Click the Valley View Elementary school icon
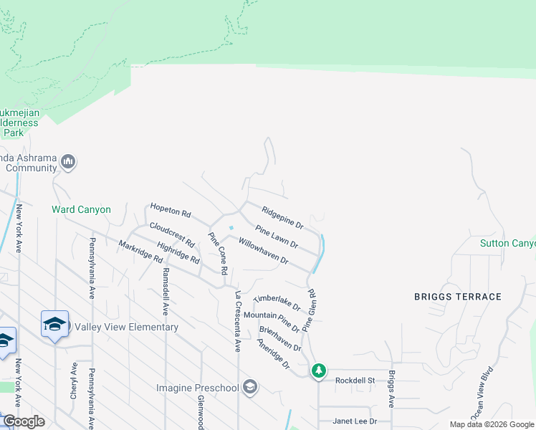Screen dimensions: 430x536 click(55, 324)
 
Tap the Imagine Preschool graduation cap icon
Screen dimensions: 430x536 click(250, 388)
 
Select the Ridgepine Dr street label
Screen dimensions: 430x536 click(282, 217)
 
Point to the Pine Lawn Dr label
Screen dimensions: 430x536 click(277, 239)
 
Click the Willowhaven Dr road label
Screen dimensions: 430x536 click(263, 251)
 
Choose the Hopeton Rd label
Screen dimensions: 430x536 click(171, 212)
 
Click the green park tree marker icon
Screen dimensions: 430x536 click(319, 371)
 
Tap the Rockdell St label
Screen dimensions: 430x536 click(355, 380)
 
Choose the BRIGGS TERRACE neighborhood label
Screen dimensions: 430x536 click(458, 296)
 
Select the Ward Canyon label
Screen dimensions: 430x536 click(81, 209)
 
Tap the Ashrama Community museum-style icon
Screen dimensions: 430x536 click(69, 162)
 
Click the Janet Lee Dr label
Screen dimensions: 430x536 click(353, 421)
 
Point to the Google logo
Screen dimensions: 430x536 click(24, 421)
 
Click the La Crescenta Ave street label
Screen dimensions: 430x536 click(237, 320)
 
